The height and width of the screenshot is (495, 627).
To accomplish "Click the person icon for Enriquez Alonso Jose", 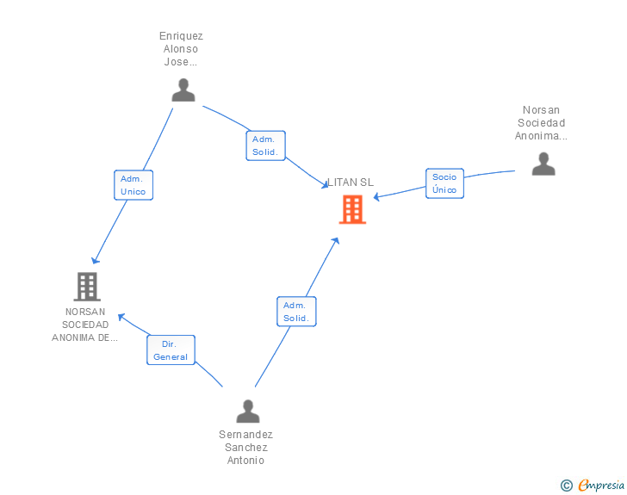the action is [x=183, y=90].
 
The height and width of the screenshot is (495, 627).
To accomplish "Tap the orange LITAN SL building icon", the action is [x=352, y=209].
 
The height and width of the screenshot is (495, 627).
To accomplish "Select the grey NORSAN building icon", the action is [x=87, y=287].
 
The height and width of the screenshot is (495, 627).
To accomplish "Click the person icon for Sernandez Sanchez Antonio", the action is [x=248, y=411].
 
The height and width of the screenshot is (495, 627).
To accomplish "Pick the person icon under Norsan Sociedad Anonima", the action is [x=543, y=164].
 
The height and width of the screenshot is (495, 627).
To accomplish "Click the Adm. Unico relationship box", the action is [x=133, y=185].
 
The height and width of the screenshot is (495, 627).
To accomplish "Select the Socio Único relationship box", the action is [x=444, y=183].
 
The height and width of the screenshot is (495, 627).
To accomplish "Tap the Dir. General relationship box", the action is [x=171, y=350].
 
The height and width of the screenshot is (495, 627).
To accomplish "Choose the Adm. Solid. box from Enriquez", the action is [x=265, y=145].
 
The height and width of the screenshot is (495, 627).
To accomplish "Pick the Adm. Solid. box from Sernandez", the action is [x=296, y=312].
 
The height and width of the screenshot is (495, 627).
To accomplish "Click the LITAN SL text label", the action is [x=351, y=183].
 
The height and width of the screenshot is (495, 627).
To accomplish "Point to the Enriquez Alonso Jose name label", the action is [x=181, y=49].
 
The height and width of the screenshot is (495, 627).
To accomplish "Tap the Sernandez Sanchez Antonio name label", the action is [x=245, y=447].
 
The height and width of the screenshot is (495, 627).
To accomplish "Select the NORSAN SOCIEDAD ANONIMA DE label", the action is [x=84, y=325].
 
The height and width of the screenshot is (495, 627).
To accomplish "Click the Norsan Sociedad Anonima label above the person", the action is [x=541, y=123].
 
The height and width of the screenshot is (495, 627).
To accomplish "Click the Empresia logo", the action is [x=601, y=485].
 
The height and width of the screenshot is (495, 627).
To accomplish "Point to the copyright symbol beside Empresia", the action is [x=567, y=486].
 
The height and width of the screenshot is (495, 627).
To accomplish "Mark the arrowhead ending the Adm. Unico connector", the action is [x=95, y=261].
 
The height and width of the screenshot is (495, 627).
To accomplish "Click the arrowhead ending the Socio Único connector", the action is [x=376, y=197].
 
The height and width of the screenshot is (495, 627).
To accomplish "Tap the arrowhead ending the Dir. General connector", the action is [x=121, y=317].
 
